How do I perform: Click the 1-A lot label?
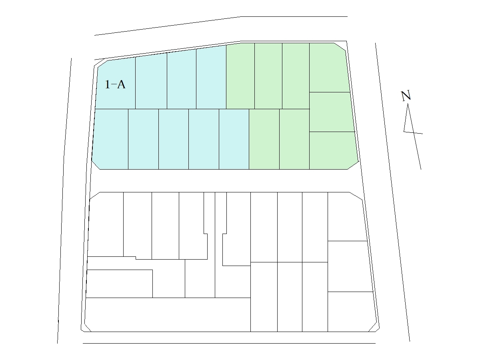(115, 84)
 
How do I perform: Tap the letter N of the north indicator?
(406, 96)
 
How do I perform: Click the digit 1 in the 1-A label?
(107, 84)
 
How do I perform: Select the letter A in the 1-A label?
(121, 84)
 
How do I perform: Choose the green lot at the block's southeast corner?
(334, 151)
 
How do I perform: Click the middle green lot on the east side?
(332, 112)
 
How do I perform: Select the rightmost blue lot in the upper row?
(211, 78)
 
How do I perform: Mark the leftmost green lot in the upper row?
(240, 76)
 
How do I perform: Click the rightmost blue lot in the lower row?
(234, 139)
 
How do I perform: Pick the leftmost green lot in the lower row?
(264, 139)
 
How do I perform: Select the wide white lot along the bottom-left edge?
(168, 314)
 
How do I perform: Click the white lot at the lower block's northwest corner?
(106, 224)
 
